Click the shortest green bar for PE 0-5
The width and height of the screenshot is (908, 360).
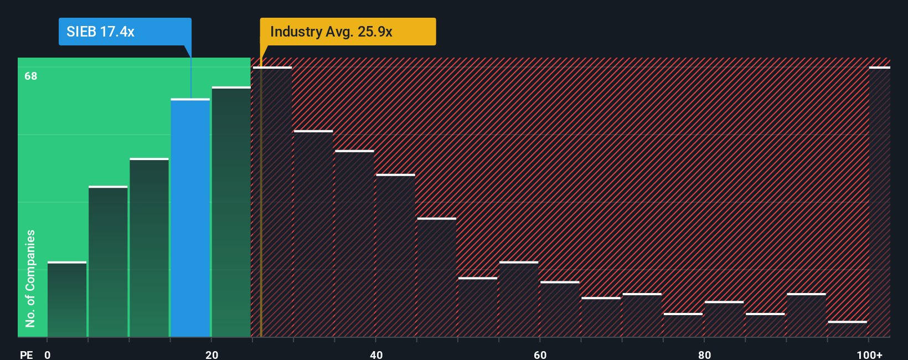[x=67, y=299]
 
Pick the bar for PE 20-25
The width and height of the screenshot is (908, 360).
[x=231, y=212]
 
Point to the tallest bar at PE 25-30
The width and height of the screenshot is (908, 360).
[x=272, y=202]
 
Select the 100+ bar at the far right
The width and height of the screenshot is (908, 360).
[x=879, y=202]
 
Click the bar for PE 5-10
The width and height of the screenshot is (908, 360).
[x=108, y=261]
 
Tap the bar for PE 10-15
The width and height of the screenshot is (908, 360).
[x=149, y=248]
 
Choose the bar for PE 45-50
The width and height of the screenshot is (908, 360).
[x=437, y=277]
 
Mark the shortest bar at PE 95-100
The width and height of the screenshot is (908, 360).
[x=848, y=329]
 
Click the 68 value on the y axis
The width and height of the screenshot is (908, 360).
[x=31, y=76]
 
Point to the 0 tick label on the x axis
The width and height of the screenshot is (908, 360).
[x=48, y=354]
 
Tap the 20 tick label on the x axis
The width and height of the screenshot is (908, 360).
[x=211, y=354]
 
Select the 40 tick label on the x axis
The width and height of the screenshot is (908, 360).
[x=376, y=354]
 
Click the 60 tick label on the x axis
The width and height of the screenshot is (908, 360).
[x=540, y=354]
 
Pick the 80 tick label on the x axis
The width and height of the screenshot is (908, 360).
[x=704, y=354]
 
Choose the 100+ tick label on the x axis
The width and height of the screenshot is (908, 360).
[x=869, y=354]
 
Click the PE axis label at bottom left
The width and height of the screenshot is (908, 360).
[x=27, y=354]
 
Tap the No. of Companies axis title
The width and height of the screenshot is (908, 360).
[x=30, y=278]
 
